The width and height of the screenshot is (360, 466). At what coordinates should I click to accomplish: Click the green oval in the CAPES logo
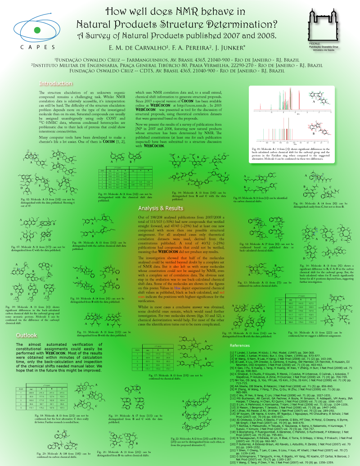[x=35, y=30]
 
